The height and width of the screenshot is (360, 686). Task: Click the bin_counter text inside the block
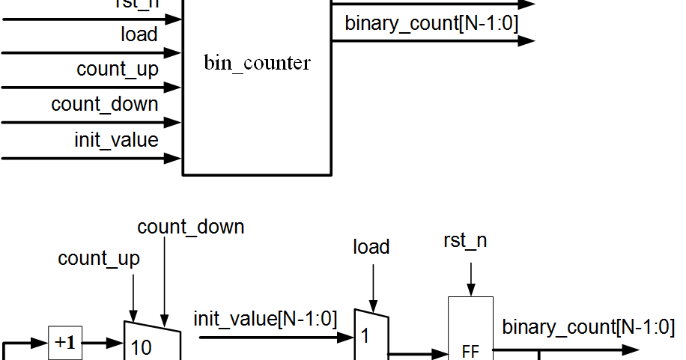(x=257, y=63)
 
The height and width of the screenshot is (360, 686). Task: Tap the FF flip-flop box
(x=470, y=349)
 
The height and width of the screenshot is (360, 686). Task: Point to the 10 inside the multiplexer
(x=142, y=347)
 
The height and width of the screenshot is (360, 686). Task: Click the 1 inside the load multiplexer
(x=365, y=337)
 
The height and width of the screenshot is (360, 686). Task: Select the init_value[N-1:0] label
(x=266, y=320)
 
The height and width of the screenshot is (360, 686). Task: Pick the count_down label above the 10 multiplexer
(x=191, y=226)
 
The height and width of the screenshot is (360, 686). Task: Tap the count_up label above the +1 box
(x=99, y=259)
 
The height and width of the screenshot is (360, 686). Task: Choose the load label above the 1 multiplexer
(x=371, y=247)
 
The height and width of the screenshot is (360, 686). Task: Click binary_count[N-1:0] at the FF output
(x=588, y=327)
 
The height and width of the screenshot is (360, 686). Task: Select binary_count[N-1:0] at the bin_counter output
(x=431, y=23)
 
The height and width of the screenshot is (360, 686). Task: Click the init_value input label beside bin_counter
(x=116, y=139)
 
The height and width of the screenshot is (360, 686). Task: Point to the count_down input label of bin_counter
(x=105, y=104)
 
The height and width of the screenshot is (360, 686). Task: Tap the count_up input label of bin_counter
(x=118, y=69)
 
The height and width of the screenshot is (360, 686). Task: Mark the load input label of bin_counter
(x=139, y=34)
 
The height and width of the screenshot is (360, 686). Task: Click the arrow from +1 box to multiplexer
(x=103, y=344)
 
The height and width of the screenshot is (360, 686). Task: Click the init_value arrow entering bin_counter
(x=91, y=158)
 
